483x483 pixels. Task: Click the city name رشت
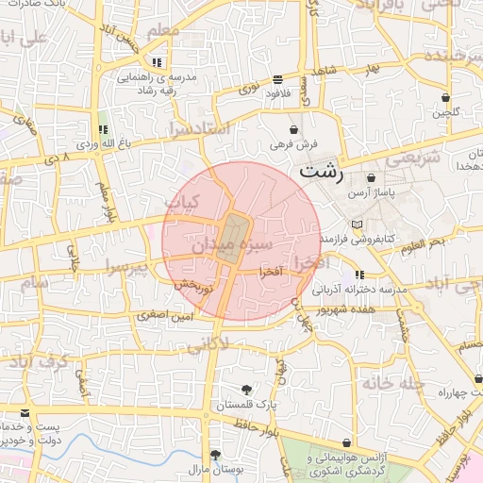(322, 174)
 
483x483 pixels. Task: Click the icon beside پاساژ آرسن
(370, 176)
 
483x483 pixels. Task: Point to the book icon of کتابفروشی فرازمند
(356, 225)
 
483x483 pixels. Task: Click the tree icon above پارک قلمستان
(247, 390)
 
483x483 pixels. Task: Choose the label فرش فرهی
(294, 144)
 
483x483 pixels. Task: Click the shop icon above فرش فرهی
(294, 129)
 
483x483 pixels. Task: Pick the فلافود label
(276, 94)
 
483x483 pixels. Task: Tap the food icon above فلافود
(276, 80)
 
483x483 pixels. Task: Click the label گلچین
(445, 113)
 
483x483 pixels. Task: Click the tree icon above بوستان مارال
(215, 454)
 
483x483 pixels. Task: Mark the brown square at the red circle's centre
(232, 238)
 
